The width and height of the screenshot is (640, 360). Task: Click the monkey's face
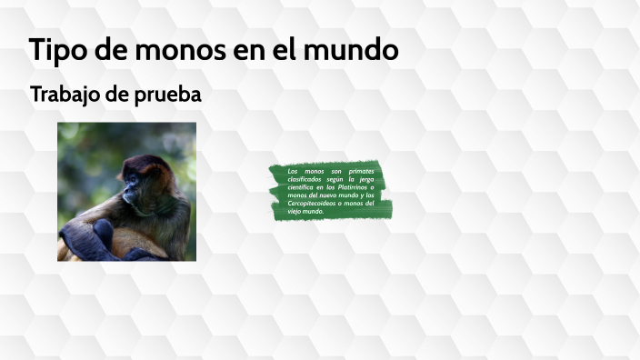pos(133,189)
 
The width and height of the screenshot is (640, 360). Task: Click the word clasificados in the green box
pos(305,179)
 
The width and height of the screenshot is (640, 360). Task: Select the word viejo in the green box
pos(295,211)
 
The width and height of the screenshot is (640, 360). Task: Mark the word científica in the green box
pos(303,187)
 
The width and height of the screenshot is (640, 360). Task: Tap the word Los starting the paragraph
pos(293,171)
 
